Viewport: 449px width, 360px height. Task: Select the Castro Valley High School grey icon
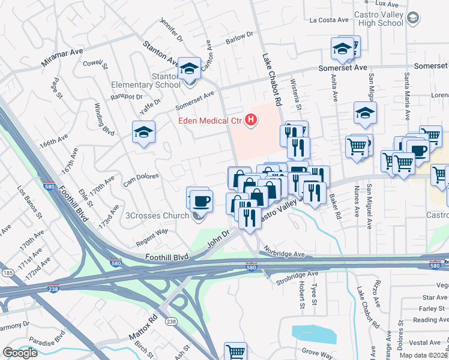point(412,19)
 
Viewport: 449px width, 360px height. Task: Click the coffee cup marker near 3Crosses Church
point(201,200)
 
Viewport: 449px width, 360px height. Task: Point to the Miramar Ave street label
point(62,58)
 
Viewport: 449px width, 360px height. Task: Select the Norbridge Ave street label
point(289,254)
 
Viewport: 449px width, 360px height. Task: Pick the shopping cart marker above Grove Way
point(235,352)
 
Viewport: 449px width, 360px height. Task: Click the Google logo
point(20,353)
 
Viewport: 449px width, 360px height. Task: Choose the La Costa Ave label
point(329,20)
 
